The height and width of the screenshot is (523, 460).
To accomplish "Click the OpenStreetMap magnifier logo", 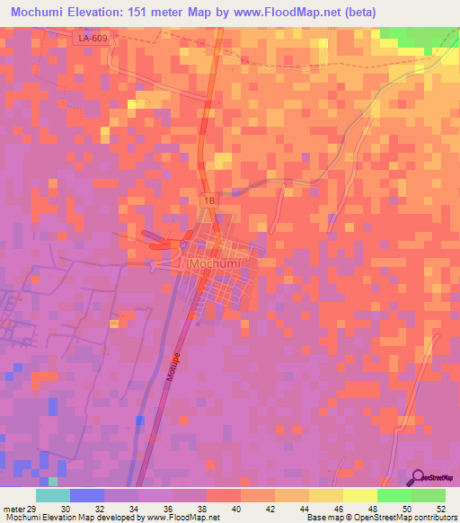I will pyautogui.click(x=418, y=477).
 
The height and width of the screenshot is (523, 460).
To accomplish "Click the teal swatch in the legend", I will pyautogui.click(x=53, y=495).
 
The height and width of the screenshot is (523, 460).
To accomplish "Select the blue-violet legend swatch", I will pyautogui.click(x=87, y=495).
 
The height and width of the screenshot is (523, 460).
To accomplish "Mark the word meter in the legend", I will pyautogui.click(x=13, y=508).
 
